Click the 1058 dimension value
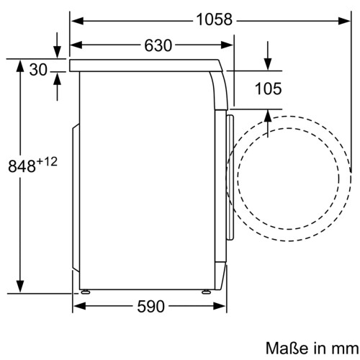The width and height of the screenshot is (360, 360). [x=214, y=20]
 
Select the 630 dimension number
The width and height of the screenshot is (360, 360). [x=158, y=45]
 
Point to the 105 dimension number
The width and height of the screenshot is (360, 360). [x=268, y=89]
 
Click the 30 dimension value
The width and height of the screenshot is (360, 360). [x=38, y=70]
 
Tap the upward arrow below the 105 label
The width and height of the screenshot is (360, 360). [x=268, y=116]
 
